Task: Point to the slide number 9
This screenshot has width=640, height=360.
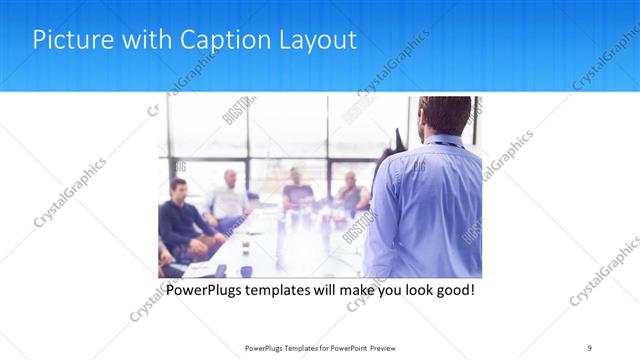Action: click(590, 347)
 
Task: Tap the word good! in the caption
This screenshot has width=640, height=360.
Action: click(452, 291)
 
